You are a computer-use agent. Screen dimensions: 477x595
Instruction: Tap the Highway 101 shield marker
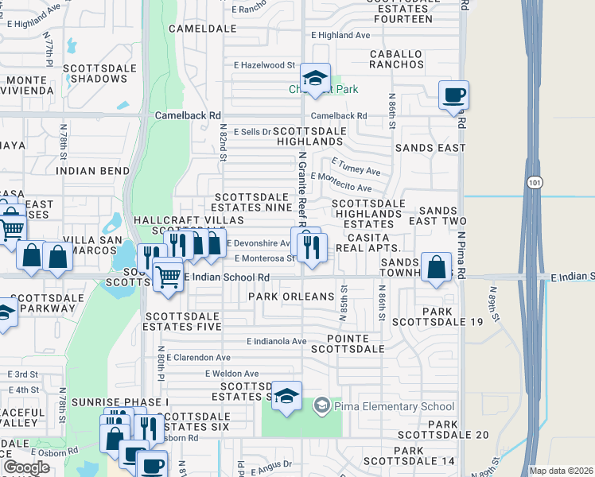point(534,182)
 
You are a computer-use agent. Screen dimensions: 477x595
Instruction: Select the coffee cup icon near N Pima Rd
point(453,95)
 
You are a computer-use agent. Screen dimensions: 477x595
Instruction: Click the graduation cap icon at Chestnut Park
point(316,79)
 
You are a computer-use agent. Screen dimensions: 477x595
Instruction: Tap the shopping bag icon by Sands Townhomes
point(436,267)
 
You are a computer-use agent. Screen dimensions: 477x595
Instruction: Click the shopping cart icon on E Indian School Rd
point(167,276)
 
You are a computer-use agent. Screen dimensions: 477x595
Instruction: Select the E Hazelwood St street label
point(265,64)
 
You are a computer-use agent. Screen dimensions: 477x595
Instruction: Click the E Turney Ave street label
point(356,167)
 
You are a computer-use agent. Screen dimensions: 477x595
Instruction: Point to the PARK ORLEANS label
point(291,297)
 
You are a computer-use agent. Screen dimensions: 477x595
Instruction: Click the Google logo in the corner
point(26,467)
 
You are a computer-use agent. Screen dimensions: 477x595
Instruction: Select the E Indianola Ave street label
point(276,341)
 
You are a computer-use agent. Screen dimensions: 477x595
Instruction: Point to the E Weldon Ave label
point(231,373)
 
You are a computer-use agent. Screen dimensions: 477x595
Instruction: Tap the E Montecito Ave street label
point(341,182)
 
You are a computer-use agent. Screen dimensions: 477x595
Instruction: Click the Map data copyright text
point(560,471)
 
